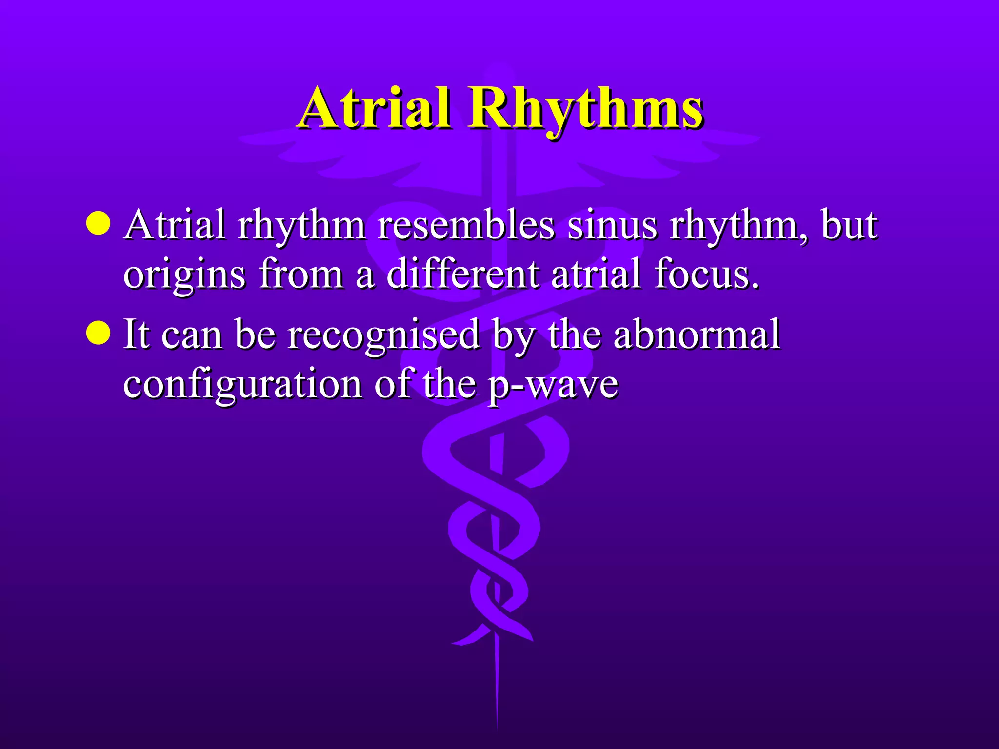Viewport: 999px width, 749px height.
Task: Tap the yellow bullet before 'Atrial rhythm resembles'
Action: click(x=98, y=223)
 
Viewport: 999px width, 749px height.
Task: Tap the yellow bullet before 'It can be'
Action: click(x=98, y=333)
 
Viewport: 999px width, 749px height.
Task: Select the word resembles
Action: click(x=466, y=225)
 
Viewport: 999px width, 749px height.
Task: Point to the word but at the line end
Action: click(x=849, y=225)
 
